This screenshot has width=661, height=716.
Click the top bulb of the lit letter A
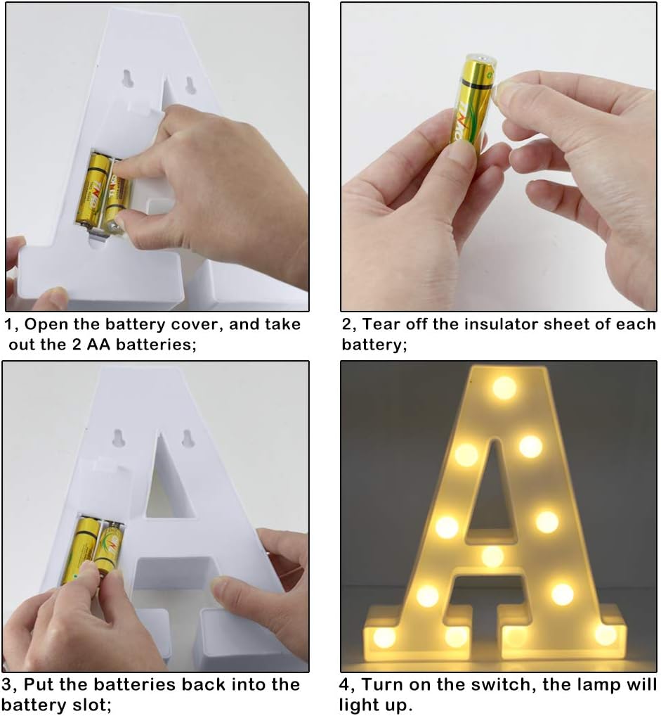coord(504,388)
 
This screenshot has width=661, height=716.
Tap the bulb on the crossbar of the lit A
coord(492,556)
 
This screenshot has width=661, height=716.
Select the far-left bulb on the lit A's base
coord(384,637)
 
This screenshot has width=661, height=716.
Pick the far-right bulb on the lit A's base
coord(606,634)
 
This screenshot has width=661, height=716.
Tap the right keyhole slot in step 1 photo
coord(190,84)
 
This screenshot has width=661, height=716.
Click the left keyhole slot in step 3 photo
coord(118,438)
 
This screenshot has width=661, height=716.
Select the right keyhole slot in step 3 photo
coord(187,438)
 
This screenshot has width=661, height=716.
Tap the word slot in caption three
coord(89,705)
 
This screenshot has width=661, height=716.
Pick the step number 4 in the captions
coord(345,685)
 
